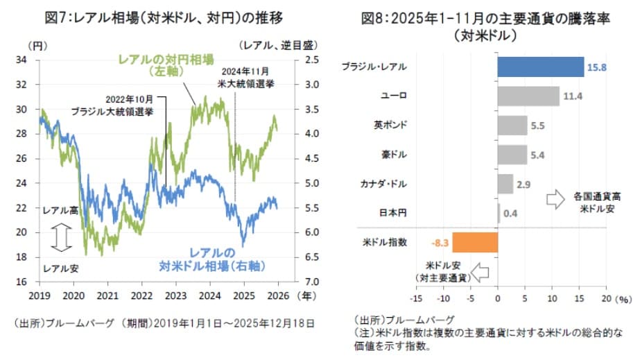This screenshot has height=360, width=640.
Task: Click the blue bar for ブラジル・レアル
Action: [x=541, y=67]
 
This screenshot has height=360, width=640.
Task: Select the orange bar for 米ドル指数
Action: [x=475, y=242]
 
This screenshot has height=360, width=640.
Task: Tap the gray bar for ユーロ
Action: [x=528, y=96]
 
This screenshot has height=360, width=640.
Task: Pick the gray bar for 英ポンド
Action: [x=512, y=126]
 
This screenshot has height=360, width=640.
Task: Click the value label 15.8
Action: [x=598, y=67]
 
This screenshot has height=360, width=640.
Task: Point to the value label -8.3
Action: [x=440, y=243]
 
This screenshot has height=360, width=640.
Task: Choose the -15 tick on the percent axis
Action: [x=415, y=298]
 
